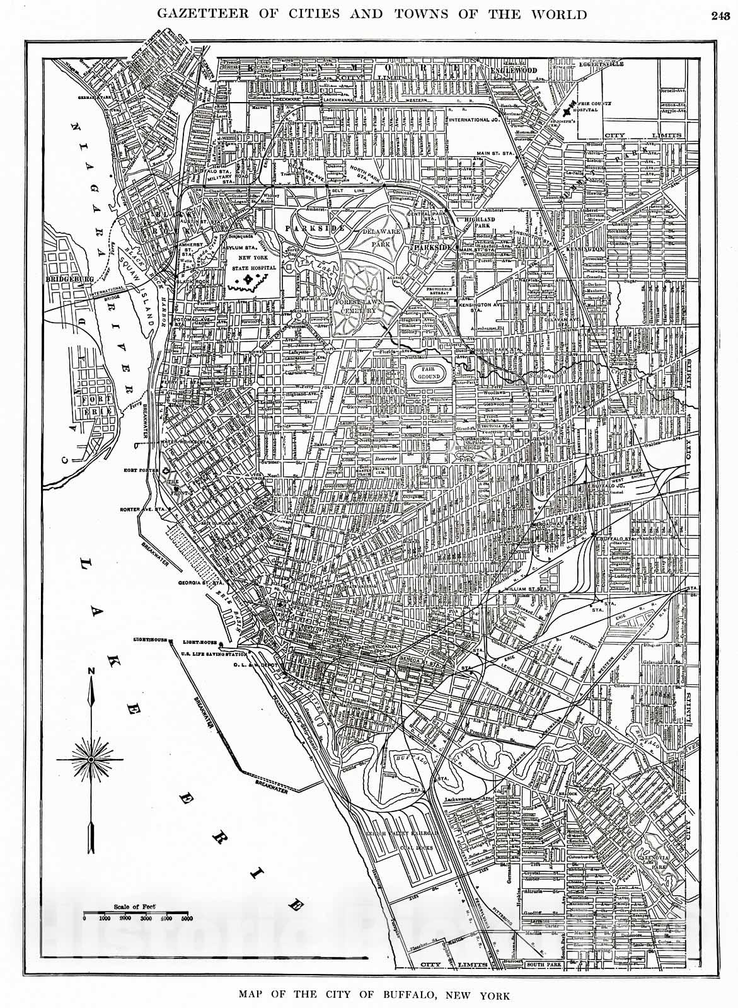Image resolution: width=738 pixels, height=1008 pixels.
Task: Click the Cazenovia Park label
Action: (662, 852)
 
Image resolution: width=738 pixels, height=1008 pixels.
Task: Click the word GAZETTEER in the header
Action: (199, 14)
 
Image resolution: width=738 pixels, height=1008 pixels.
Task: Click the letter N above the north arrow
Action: (91, 671)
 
